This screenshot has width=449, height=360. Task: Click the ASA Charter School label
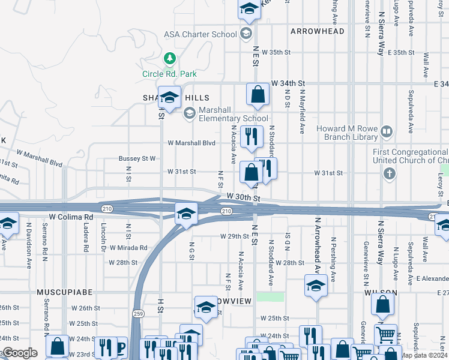click(200, 34)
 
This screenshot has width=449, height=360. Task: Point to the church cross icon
click(390, 174)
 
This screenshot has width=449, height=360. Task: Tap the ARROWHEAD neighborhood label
click(317, 31)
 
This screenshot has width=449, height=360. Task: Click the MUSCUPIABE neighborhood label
click(64, 292)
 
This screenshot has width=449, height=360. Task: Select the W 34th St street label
click(288, 83)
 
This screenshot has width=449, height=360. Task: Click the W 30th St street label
click(243, 197)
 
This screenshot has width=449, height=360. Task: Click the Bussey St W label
click(137, 158)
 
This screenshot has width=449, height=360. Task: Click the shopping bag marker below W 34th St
click(258, 95)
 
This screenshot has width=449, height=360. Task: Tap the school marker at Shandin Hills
click(170, 98)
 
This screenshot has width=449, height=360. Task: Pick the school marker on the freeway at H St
click(186, 214)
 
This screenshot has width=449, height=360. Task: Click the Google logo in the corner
click(20, 353)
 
